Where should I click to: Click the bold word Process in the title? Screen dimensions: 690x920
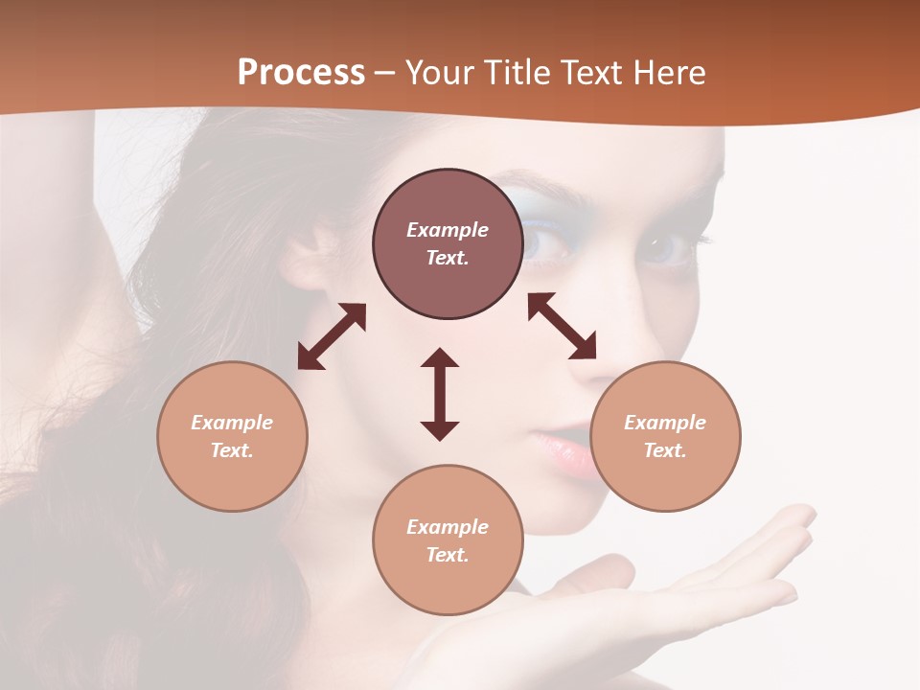pos(301,73)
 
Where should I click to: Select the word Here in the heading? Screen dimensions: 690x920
pos(667,73)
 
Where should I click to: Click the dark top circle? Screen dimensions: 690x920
pos(448,243)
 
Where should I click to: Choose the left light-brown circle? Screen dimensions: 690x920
pos(232,436)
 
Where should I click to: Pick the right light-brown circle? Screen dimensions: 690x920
pos(665,436)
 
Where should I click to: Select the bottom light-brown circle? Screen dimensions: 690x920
pos(448,540)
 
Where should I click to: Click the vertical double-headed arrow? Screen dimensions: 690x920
pos(440,394)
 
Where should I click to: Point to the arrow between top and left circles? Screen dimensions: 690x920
pos(332,336)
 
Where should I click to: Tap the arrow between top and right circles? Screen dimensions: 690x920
pos(562,326)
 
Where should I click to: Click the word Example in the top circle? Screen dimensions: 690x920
pos(448,230)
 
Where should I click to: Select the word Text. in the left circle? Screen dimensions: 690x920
pos(232,450)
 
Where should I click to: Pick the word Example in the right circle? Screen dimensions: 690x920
pos(665,423)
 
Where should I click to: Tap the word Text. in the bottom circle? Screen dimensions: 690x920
pos(448,555)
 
